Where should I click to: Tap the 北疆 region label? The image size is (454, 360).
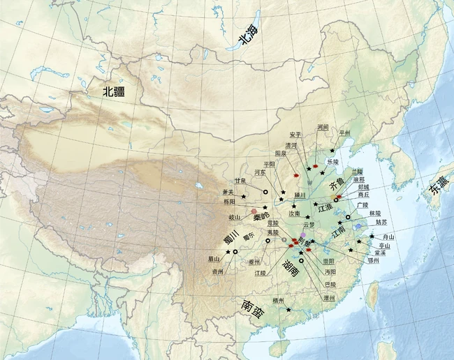(x=115, y=91)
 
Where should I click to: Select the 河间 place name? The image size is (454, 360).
(x=323, y=128)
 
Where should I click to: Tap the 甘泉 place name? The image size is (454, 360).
(x=242, y=180)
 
